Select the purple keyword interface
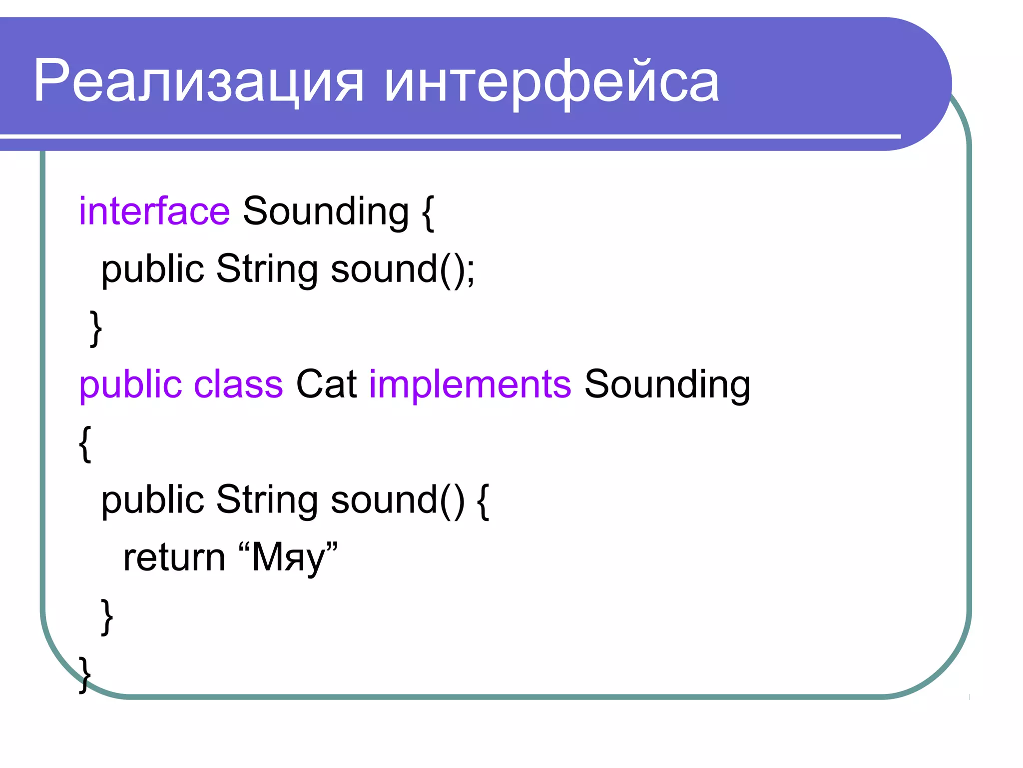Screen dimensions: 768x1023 click(x=154, y=211)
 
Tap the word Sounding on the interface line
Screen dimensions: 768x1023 click(x=326, y=211)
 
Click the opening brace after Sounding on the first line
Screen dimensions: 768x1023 click(x=428, y=212)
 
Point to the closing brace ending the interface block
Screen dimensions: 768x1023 click(x=96, y=328)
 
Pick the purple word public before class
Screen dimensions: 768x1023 click(x=130, y=385)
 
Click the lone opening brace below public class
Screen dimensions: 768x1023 click(x=85, y=443)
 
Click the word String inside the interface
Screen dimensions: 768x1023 click(x=267, y=269)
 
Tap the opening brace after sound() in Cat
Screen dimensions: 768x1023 click(x=483, y=501)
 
